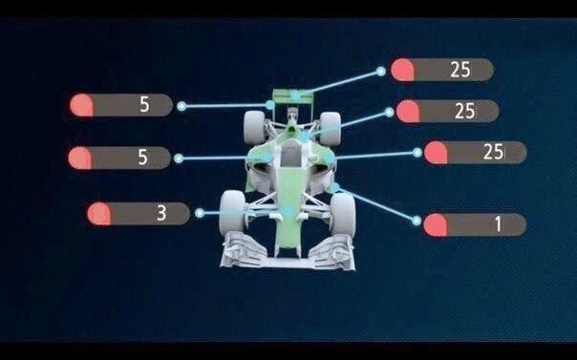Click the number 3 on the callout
pyautogui.click(x=161, y=213)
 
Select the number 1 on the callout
pyautogui.click(x=499, y=224)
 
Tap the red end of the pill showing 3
pyautogui.click(x=99, y=213)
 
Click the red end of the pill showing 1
pyautogui.click(x=436, y=224)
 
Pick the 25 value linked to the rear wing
pyautogui.click(x=460, y=70)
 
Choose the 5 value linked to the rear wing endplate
pyautogui.click(x=144, y=105)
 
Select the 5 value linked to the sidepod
pyautogui.click(x=142, y=158)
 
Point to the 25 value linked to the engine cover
pyautogui.click(x=465, y=111)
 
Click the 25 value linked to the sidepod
pyautogui.click(x=494, y=152)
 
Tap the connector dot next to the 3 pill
pyautogui.click(x=200, y=213)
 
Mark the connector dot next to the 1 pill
pyautogui.click(x=417, y=221)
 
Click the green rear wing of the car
pyautogui.click(x=293, y=96)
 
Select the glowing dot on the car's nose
pyautogui.click(x=288, y=211)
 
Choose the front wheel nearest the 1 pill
pyautogui.click(x=343, y=215)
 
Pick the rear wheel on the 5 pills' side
pyautogui.click(x=255, y=127)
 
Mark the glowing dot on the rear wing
pyautogui.click(x=295, y=96)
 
